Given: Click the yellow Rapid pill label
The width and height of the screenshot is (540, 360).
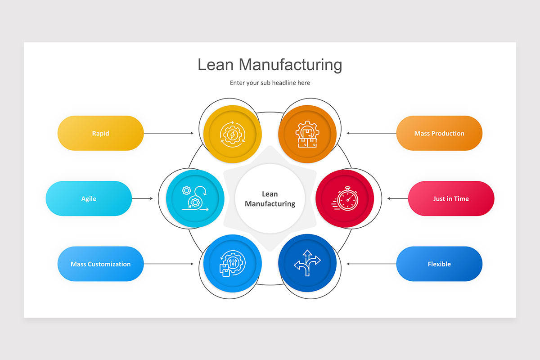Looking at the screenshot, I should tap(100, 133).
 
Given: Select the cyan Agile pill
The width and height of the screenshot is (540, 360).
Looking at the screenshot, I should tap(89, 198).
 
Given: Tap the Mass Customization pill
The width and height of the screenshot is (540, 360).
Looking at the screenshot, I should tap(100, 264).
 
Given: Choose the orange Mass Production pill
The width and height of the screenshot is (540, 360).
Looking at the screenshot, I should tap(439, 133).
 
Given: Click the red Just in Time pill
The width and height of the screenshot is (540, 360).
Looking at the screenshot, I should tap(451, 198).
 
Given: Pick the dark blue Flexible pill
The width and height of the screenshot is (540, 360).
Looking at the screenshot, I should tap(439, 264).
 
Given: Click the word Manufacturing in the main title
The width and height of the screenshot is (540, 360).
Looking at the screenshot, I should tap(290, 64).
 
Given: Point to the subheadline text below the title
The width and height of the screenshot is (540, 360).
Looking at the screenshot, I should tap(270, 83).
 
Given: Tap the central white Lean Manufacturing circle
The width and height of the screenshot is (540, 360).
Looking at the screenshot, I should tap(270, 198).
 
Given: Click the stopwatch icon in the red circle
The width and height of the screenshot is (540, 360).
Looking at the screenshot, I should tap(346, 198).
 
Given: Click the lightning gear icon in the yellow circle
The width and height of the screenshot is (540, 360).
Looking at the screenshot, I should tap(232, 134).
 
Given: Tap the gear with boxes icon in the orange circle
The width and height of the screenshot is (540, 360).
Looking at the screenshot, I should tap(307, 134).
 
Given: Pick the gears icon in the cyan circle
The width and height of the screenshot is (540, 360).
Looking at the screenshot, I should tap(195, 198).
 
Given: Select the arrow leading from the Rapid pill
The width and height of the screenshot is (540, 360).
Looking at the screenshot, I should tap(168, 133).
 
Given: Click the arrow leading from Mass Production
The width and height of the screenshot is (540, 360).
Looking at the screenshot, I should tap(371, 133).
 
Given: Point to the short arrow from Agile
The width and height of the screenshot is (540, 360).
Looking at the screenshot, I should tap(142, 198).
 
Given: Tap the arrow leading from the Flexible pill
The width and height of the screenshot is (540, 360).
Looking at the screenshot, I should tap(371, 264).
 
